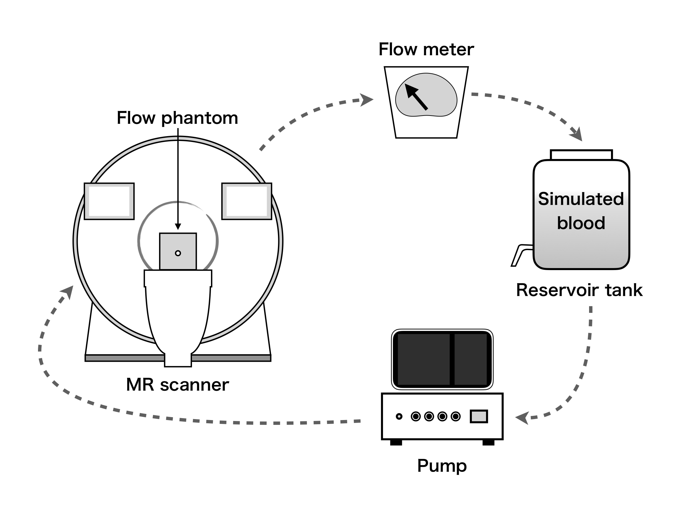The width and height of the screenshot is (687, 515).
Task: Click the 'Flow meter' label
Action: coord(426,50)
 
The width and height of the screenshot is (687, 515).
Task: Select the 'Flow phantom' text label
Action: coord(177,118)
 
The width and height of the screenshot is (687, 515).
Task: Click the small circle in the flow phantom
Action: coord(178,253)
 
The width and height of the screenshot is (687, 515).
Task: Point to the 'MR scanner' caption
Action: coord(177,385)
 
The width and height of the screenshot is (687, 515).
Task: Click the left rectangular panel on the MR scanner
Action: coord(109,201)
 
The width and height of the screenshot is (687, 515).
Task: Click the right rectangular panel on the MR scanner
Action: coord(247,201)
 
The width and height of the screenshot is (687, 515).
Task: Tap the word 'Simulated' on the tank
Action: coord(581,199)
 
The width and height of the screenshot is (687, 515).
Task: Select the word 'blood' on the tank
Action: coord(581,223)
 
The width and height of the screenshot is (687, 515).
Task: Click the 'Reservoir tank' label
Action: coord(579,290)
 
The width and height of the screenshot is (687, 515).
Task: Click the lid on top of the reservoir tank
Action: coord(581,155)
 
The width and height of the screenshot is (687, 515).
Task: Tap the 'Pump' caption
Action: coord(442,466)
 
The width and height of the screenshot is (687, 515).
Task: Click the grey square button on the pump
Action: coord(479,416)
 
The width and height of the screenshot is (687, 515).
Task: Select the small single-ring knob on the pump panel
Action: coord(399,417)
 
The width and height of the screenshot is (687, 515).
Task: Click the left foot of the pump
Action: coord(396,443)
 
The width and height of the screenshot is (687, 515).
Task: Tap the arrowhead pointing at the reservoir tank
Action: coord(577,134)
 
